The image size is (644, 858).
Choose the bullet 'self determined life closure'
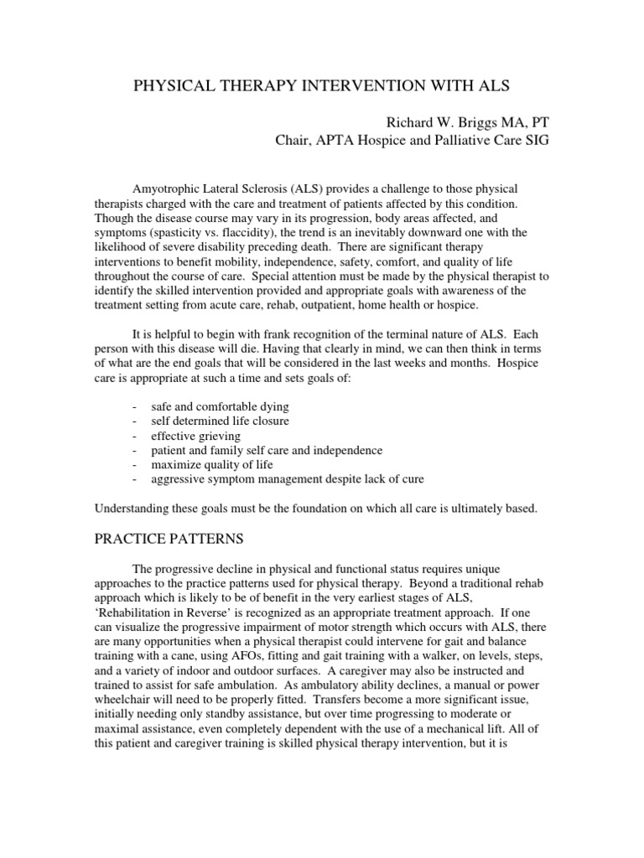click(x=220, y=421)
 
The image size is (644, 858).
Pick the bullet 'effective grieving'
click(x=195, y=436)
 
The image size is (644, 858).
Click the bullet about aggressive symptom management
click(x=287, y=480)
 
